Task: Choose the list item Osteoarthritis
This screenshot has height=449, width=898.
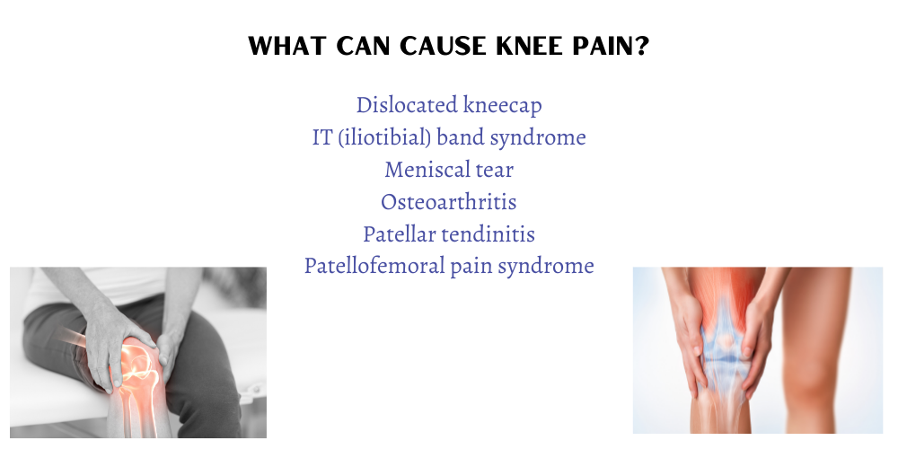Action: [x=449, y=201]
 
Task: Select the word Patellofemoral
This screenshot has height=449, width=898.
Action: [x=374, y=266]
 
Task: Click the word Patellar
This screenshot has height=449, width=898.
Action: [x=393, y=233]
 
